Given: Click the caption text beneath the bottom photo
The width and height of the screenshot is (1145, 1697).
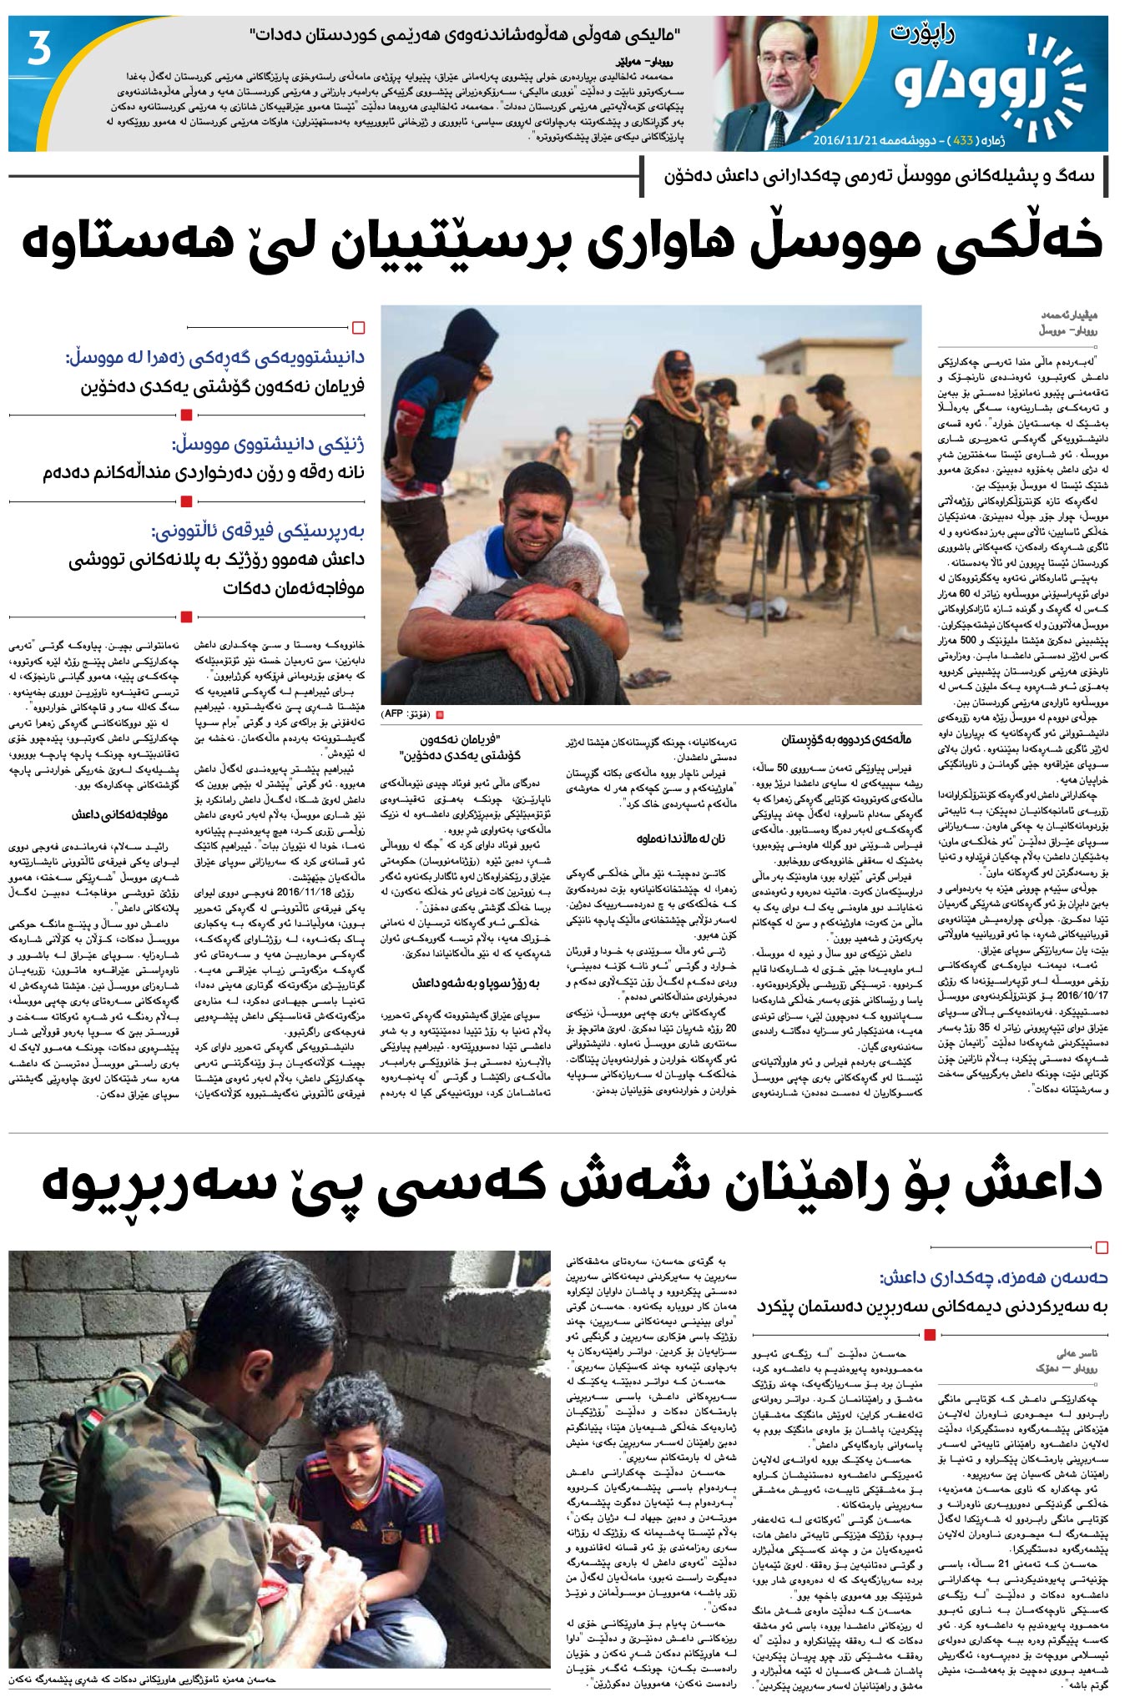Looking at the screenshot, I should pyautogui.click(x=142, y=1679).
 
